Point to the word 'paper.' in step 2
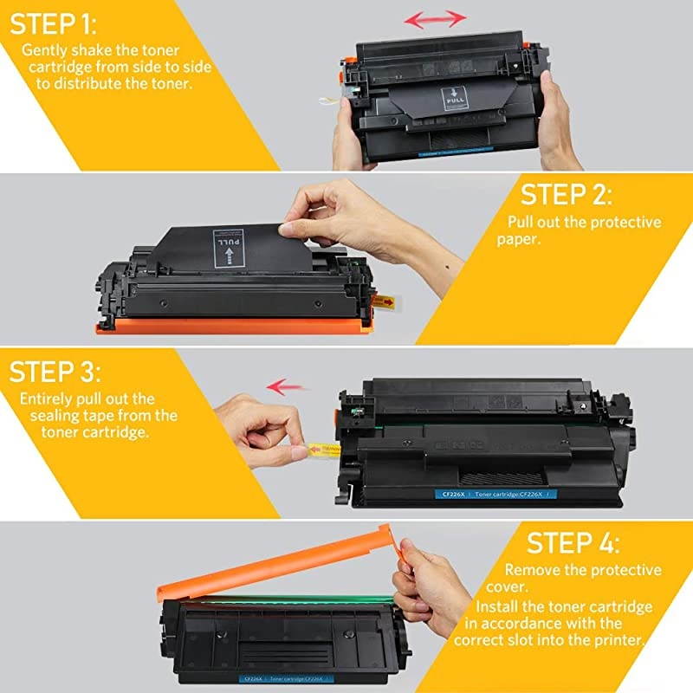tap(519, 239)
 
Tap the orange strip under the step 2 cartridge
tap(234, 326)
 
